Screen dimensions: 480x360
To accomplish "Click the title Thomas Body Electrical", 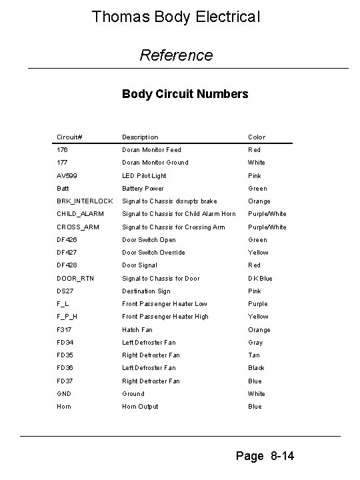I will click(175, 16).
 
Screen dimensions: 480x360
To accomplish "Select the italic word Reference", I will click(176, 55).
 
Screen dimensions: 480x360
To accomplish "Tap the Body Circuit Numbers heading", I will click(185, 94).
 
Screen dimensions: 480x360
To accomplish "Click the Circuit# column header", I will click(69, 137).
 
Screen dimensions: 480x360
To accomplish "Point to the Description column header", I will click(140, 137).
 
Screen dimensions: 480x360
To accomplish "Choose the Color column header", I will click(257, 137).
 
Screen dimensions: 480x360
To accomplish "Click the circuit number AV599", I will click(67, 176).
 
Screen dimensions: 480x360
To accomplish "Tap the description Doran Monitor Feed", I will click(151, 150).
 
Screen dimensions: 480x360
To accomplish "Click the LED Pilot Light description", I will click(144, 176).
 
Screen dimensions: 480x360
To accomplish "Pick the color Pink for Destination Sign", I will click(255, 291).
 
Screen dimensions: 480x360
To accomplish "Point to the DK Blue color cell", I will click(260, 279).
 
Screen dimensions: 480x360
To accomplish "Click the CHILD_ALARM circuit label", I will click(76, 214).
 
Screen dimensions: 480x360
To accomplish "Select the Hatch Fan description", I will click(137, 330).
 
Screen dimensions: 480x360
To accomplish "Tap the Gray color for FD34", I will click(256, 343).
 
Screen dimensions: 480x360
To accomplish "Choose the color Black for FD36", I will click(257, 368).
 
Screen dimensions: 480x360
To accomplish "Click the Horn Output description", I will click(140, 407).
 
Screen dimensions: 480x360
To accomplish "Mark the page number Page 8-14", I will click(265, 456).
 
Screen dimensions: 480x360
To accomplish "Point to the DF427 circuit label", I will click(67, 253).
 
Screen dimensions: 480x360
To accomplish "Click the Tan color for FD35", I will click(255, 355).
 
